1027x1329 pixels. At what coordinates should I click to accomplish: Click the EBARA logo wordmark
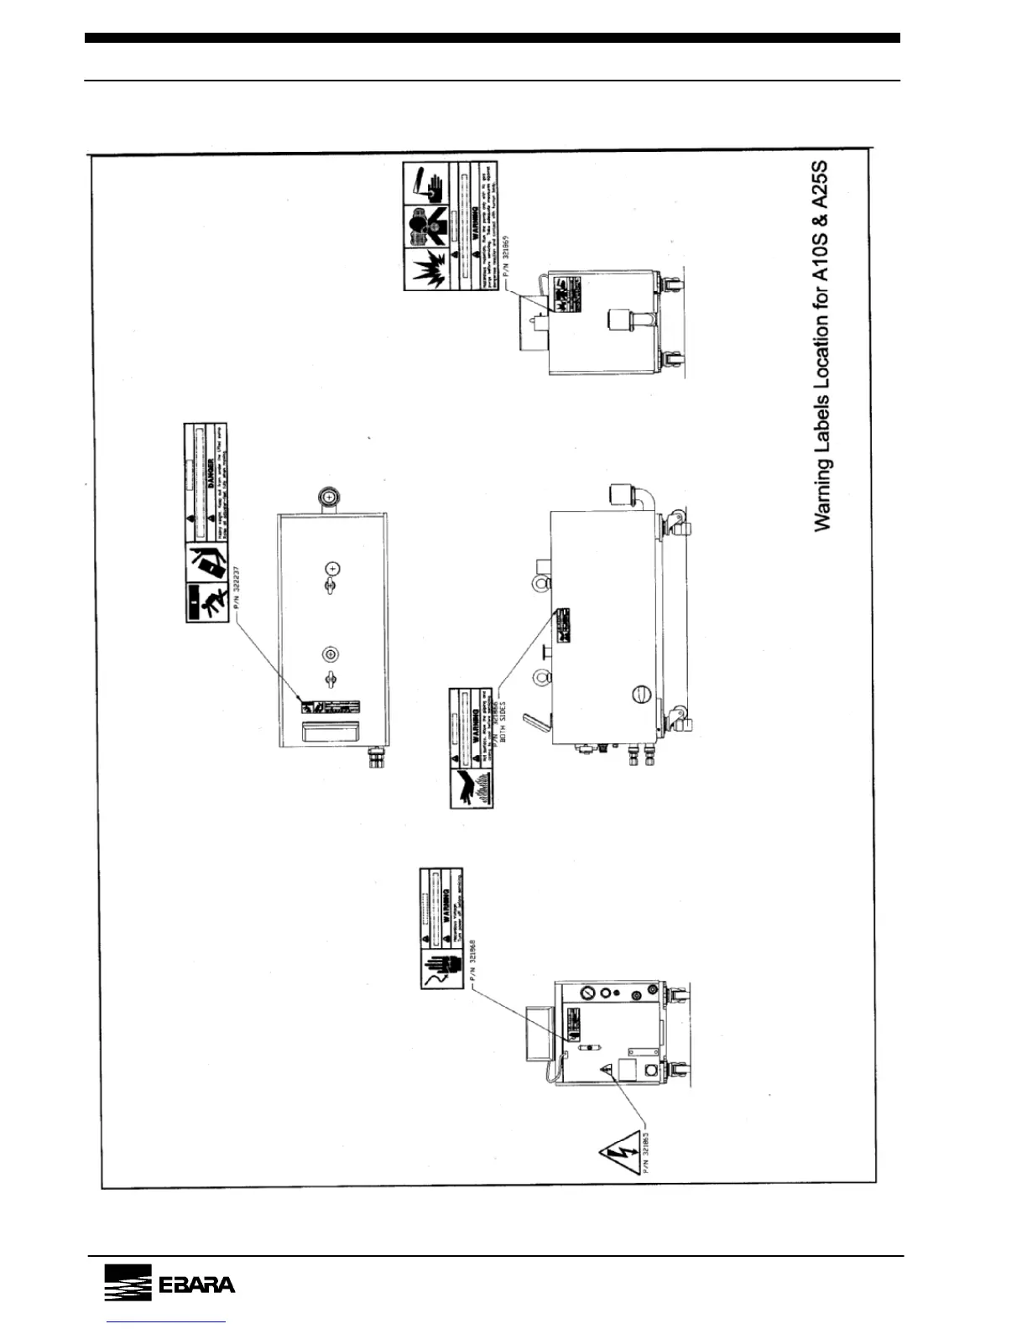coord(196,1285)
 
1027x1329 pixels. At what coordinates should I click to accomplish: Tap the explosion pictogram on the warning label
coord(427,269)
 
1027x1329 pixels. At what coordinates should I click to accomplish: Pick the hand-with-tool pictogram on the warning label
coord(427,184)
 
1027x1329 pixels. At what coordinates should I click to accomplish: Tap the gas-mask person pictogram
coord(427,226)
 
